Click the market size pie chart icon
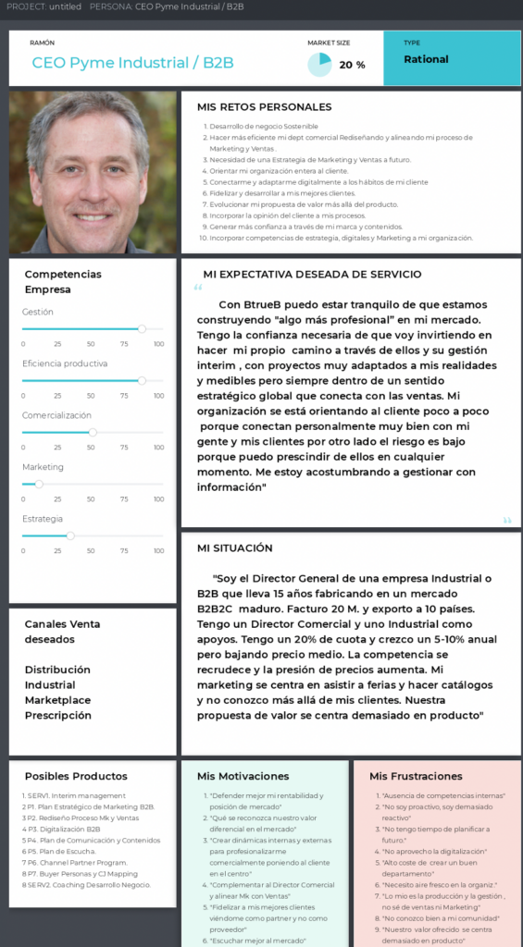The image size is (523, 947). [319, 64]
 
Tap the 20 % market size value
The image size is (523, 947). [352, 65]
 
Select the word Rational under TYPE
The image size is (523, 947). [426, 59]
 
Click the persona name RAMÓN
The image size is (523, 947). [42, 43]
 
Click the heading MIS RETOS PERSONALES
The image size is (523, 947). [266, 107]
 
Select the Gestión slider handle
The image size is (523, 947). [142, 328]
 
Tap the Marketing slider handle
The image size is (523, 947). [39, 484]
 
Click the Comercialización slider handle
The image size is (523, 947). [93, 432]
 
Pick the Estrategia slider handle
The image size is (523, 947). [70, 535]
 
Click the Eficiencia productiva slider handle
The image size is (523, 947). [142, 380]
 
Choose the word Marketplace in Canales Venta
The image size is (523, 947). [57, 700]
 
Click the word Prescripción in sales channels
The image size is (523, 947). [58, 715]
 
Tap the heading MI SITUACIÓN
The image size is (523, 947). [235, 547]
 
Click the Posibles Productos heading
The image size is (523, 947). [76, 776]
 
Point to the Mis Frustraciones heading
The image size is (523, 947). [416, 776]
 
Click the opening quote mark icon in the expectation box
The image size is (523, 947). [198, 289]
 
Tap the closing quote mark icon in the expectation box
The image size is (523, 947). [506, 520]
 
